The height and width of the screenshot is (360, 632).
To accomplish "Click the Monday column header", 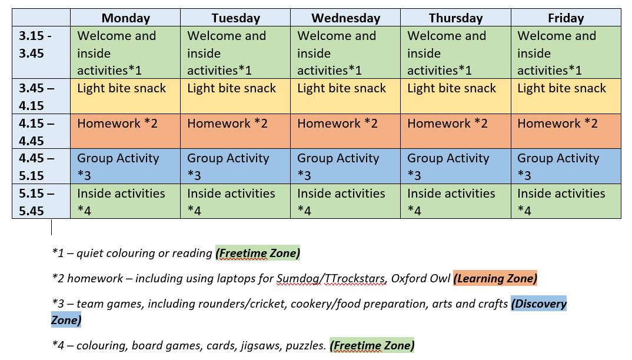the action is pos(125,18).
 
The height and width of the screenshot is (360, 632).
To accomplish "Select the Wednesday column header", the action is pos(345,18).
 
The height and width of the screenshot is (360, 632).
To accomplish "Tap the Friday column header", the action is pos(566,18).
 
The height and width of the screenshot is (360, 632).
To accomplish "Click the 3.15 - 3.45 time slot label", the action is pos(35,44).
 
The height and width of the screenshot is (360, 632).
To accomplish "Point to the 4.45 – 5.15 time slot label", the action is pos(36,166).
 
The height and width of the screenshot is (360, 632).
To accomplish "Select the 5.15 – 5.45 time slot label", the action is pos(36,202).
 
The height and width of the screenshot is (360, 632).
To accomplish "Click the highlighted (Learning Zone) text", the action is pos(495,278).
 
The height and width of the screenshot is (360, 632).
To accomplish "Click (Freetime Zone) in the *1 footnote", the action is pos(258,253).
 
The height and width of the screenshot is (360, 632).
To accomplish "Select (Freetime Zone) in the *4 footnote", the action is pos(372,345).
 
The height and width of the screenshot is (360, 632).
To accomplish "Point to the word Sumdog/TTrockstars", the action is pos(331,278).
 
